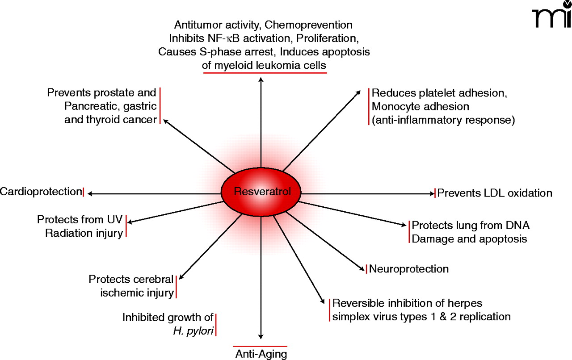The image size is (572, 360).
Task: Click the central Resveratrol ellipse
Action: (x=262, y=193)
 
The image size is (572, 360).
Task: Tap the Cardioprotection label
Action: (x=40, y=192)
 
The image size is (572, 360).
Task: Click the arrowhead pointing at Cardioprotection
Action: (x=90, y=193)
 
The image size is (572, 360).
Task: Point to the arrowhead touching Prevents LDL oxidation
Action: (x=431, y=193)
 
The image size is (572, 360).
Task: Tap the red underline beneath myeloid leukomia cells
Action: (x=265, y=72)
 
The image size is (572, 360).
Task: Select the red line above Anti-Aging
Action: (x=260, y=346)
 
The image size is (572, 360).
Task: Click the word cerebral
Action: (x=151, y=280)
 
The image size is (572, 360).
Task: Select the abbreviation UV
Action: (x=115, y=220)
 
